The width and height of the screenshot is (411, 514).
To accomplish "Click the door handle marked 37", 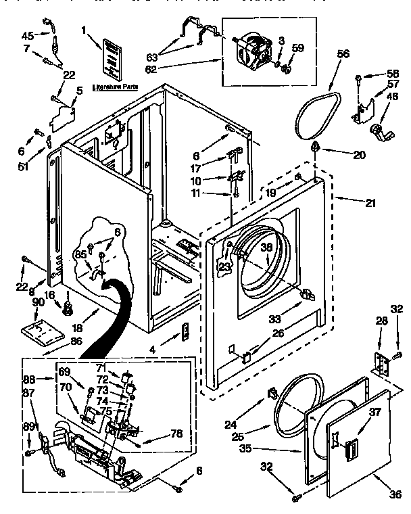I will click(350, 449).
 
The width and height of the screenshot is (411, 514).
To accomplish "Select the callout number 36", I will click(394, 496).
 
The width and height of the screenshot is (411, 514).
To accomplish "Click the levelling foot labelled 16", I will click(68, 310).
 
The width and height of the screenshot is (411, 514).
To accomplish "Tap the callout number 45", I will click(28, 35).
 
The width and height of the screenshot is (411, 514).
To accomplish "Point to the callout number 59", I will click(298, 47).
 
